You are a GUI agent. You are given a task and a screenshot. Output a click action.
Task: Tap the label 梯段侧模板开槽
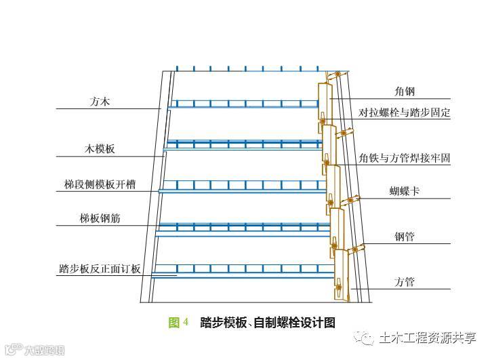click(100, 184)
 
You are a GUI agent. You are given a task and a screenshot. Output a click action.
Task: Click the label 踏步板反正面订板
click(100, 268)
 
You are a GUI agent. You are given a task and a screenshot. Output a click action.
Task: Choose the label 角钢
click(405, 91)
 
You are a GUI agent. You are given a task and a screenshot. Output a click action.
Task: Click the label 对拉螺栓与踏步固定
click(405, 113)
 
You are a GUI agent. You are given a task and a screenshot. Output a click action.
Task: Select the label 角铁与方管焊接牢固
click(405, 158)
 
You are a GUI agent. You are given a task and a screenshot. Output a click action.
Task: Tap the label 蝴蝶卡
click(405, 191)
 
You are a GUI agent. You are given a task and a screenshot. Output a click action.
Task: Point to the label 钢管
click(405, 237)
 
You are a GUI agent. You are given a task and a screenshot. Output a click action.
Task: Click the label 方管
click(405, 281)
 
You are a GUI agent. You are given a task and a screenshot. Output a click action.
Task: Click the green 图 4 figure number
click(178, 323)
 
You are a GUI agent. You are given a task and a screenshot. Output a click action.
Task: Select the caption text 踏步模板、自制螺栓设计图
click(268, 323)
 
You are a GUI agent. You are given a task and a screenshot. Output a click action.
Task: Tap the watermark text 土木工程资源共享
click(428, 337)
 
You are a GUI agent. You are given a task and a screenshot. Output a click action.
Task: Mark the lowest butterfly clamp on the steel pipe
click(354, 249)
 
